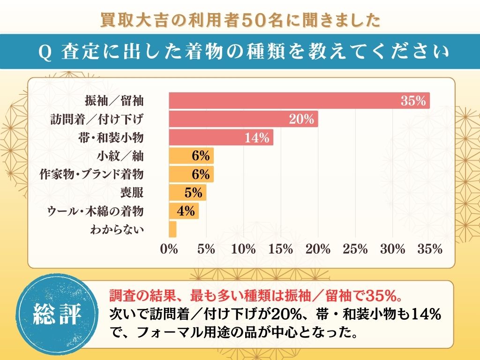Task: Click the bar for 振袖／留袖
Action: (299, 101)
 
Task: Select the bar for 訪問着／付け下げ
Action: (243, 119)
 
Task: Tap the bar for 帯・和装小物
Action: (221, 137)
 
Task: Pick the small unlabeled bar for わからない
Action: (172, 229)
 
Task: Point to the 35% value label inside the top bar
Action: (413, 101)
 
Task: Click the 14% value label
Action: (257, 138)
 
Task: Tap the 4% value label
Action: (186, 211)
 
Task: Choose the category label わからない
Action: (116, 230)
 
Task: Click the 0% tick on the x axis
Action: (169, 249)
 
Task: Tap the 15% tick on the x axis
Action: (281, 249)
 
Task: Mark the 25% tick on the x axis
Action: (355, 249)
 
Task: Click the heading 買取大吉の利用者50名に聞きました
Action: (240, 20)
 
